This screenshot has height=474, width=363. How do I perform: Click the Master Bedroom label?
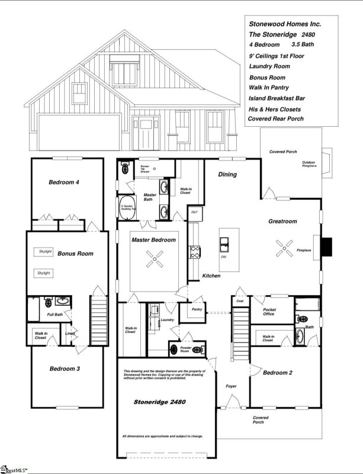153,240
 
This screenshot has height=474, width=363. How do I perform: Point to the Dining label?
227,175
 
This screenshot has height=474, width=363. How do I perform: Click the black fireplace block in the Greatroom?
326,245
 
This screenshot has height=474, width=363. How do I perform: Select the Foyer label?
231,386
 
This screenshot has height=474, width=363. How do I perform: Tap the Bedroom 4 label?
65,182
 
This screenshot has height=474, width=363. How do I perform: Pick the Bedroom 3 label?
65,369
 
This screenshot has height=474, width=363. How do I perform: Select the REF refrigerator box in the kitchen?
194,212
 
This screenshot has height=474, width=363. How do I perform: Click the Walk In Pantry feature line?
269,87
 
